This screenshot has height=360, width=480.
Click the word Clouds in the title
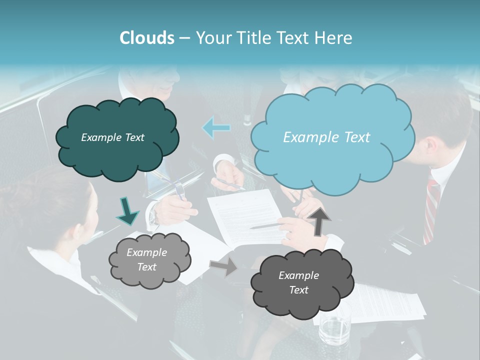[147, 38]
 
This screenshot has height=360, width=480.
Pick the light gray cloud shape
[149, 260]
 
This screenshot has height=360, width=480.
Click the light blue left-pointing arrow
[216, 127]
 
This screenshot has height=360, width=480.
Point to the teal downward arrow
[127, 210]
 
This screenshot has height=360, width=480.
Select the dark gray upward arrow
[319, 220]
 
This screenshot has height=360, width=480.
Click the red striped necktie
[431, 210]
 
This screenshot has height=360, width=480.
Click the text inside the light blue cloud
[326, 137]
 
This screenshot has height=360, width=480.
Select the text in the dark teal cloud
[112, 137]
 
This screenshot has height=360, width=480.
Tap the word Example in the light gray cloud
[146, 252]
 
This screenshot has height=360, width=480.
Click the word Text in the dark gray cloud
[298, 290]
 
